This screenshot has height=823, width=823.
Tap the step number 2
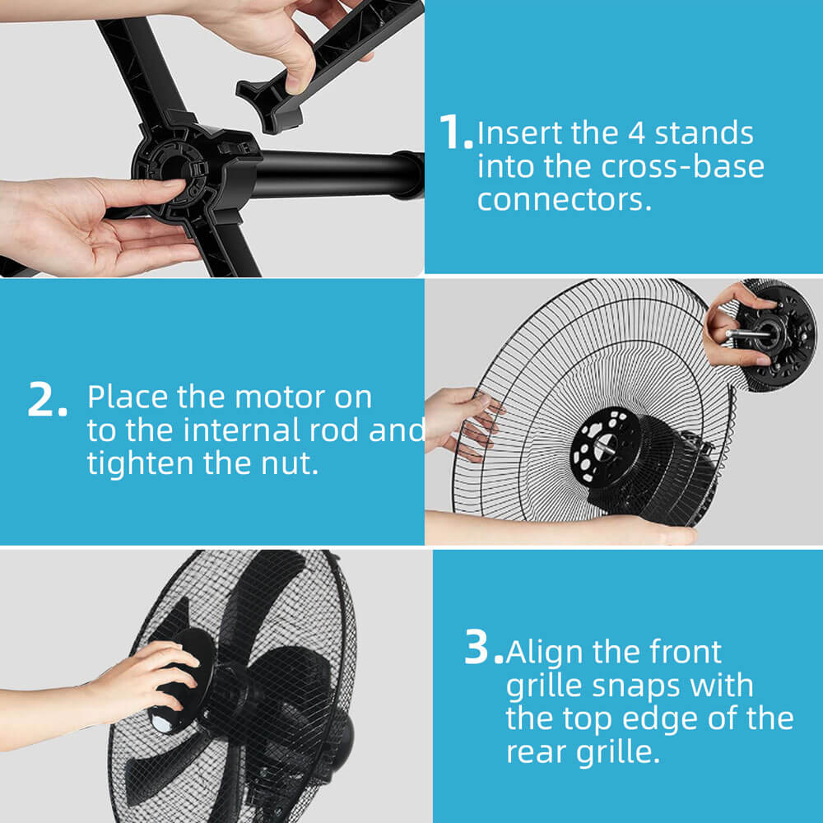(x=47, y=399)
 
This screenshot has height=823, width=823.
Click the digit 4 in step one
(x=636, y=133)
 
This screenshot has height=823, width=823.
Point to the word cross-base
(x=682, y=166)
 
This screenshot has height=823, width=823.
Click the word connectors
(x=565, y=200)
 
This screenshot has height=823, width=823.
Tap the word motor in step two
(x=275, y=398)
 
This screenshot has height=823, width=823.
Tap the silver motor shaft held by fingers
(x=746, y=332)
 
